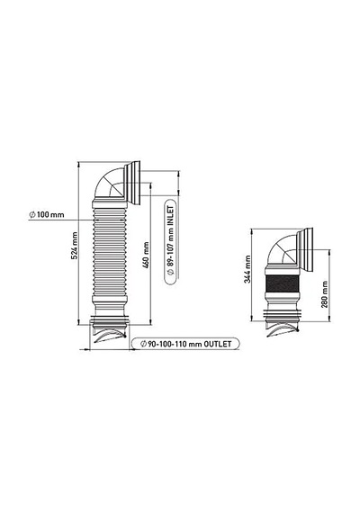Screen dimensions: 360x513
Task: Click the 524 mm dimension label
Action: [75, 246]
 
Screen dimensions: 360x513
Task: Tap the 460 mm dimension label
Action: [146, 256]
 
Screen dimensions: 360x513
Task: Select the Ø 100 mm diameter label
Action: [47, 215]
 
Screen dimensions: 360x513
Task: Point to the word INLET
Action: [170, 216]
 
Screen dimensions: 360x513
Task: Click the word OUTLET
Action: [218, 344]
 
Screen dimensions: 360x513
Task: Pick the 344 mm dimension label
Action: [247, 269]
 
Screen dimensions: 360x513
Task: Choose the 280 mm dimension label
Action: [324, 294]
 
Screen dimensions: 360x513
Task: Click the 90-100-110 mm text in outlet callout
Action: [175, 344]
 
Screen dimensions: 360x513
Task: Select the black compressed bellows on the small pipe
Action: [283, 283]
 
